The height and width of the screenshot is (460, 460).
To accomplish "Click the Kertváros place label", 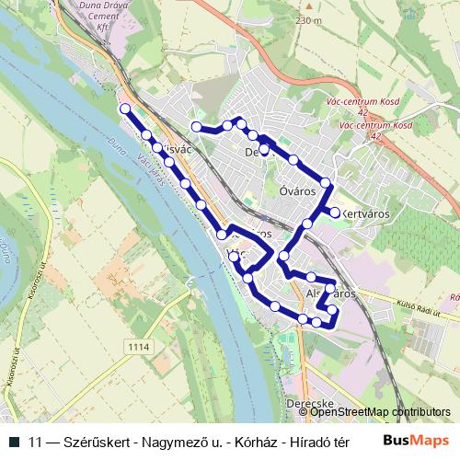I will (x=366, y=213).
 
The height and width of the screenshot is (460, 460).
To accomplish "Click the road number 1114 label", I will (x=139, y=346).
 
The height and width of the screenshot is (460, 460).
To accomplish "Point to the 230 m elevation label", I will (x=309, y=19).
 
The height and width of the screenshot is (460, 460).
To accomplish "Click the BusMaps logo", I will (x=416, y=441).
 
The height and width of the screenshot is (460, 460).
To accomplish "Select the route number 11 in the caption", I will (x=37, y=442).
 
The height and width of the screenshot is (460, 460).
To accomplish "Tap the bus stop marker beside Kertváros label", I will (x=335, y=213).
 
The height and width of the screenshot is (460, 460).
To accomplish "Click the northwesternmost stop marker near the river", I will (x=125, y=109).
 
